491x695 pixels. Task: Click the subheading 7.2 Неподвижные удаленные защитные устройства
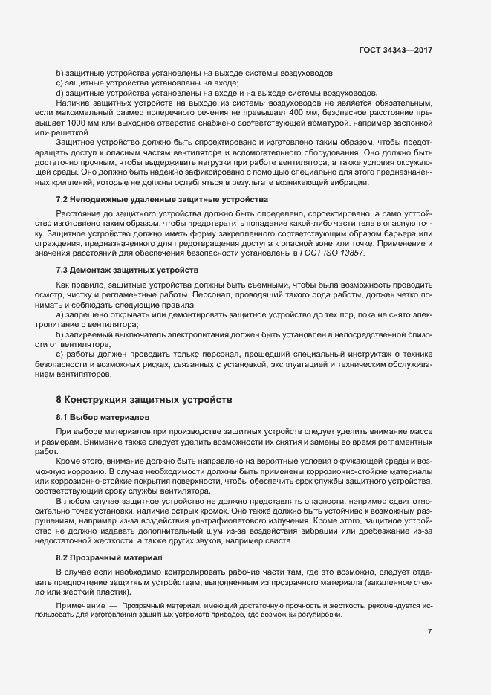coord(161,200)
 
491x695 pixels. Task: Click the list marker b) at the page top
coord(59,73)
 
